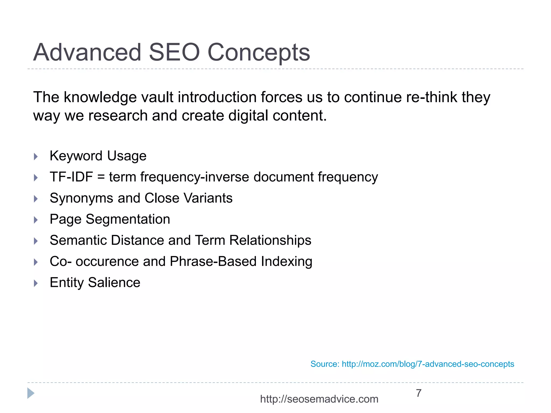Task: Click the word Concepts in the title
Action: [x=259, y=53]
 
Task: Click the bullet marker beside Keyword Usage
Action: [x=36, y=156]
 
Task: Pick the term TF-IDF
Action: [x=71, y=177]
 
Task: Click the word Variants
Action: [x=208, y=198]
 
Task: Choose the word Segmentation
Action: [x=128, y=219]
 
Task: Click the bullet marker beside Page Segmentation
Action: [x=36, y=220]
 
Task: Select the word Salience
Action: [x=114, y=283]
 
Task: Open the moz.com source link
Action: [x=428, y=364]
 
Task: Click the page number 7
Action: [x=419, y=393]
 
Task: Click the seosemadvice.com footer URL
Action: [x=319, y=399]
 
